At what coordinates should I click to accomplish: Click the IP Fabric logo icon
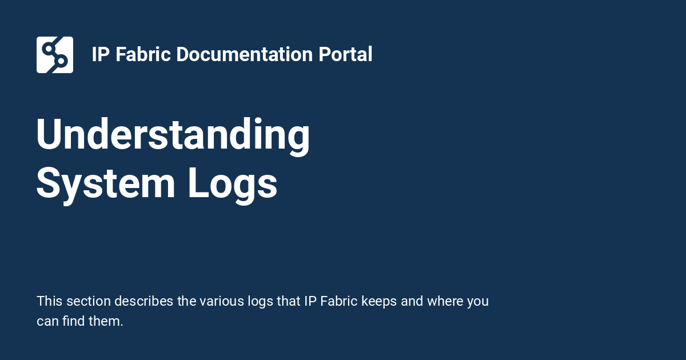[x=55, y=55]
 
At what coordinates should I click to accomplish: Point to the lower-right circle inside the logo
[x=62, y=61]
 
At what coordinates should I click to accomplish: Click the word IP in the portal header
[x=101, y=55]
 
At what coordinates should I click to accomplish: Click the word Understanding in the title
[x=173, y=135]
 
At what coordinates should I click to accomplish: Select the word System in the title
[x=106, y=184]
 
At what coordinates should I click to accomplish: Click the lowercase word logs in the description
[x=258, y=301]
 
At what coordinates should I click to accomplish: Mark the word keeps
[x=380, y=301]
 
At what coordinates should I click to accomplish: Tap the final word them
[x=108, y=321]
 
